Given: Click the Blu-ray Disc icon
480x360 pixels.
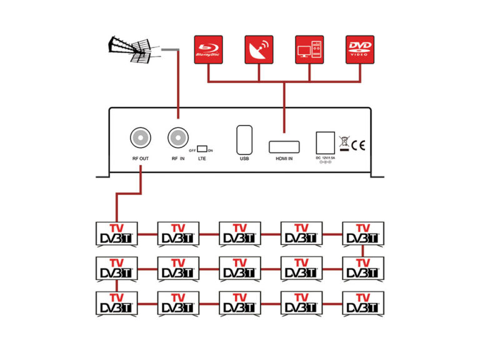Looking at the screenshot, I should [x=208, y=49].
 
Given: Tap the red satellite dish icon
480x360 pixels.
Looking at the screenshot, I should [x=259, y=49].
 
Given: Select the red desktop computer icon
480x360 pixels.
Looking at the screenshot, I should [x=309, y=49].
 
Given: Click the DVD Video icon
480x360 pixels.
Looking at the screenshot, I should [x=360, y=49].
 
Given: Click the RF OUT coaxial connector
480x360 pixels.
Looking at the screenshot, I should [x=140, y=137].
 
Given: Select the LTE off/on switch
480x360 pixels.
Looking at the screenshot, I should [x=202, y=149].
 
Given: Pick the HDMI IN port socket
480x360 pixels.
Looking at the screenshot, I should [x=284, y=147].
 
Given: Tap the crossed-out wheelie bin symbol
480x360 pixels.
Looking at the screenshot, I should [x=344, y=143].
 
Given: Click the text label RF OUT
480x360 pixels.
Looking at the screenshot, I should [x=140, y=159].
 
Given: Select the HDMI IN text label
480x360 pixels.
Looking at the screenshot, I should [x=284, y=159].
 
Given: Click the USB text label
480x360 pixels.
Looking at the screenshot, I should [x=244, y=159].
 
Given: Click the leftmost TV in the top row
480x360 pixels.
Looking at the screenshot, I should [x=116, y=234].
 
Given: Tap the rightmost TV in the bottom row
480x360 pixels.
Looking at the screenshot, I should [x=363, y=304].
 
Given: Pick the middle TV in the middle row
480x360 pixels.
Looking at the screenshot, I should [x=239, y=269].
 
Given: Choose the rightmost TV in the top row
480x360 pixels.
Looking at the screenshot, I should [x=363, y=234].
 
